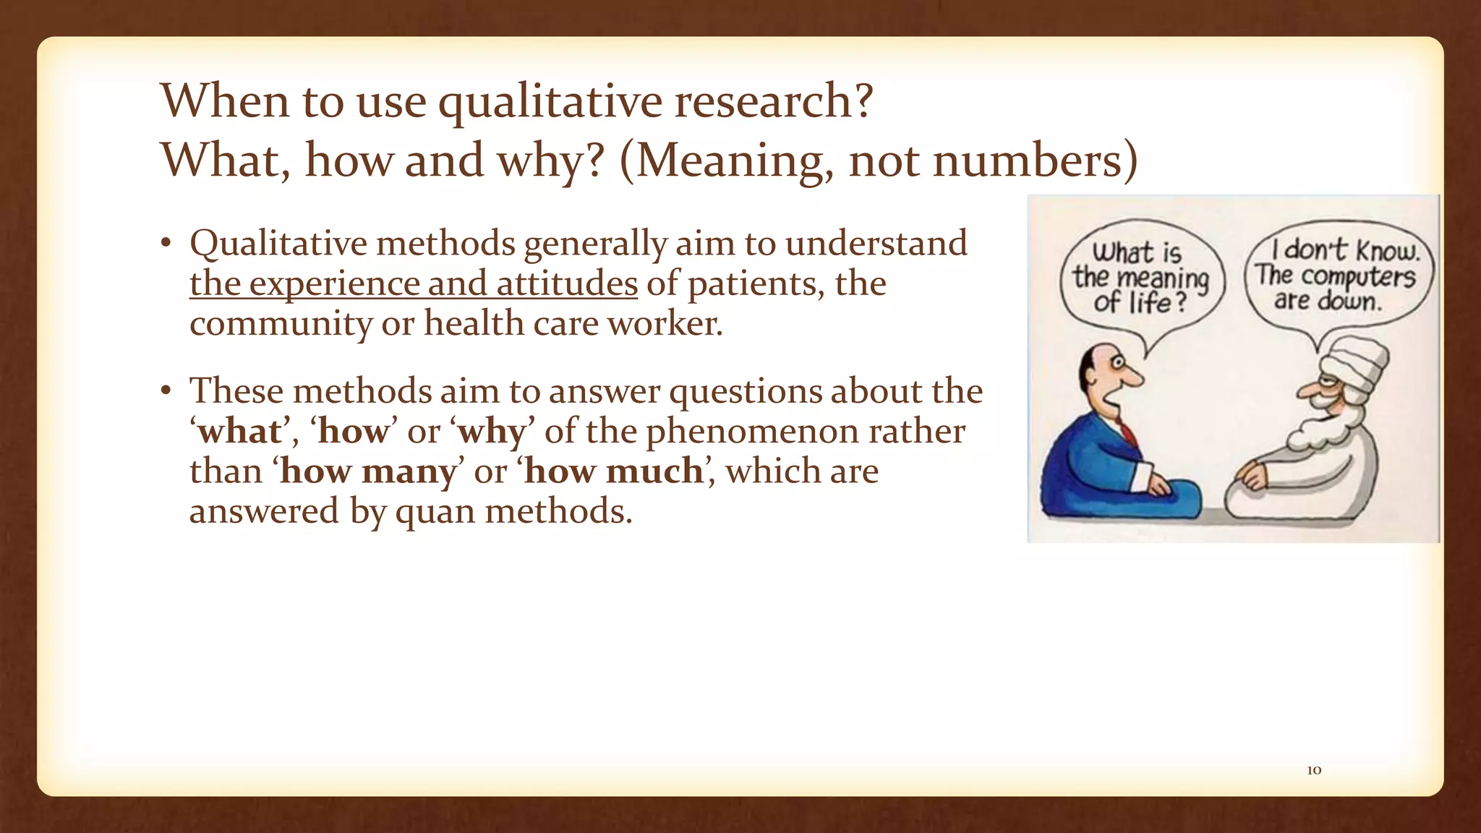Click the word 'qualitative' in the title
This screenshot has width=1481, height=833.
coord(549,101)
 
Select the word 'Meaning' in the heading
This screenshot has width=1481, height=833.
coord(732,161)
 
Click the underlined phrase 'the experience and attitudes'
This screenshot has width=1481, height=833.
coord(414,283)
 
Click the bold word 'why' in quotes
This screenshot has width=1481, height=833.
coord(492,432)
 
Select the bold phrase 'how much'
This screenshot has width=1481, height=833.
coord(614,471)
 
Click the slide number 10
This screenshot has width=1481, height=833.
coord(1314,770)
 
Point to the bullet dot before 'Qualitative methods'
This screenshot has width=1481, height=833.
coord(166,244)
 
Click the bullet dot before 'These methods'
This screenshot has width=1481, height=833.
coord(166,392)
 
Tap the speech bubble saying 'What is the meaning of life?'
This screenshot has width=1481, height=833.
coord(1140,278)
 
